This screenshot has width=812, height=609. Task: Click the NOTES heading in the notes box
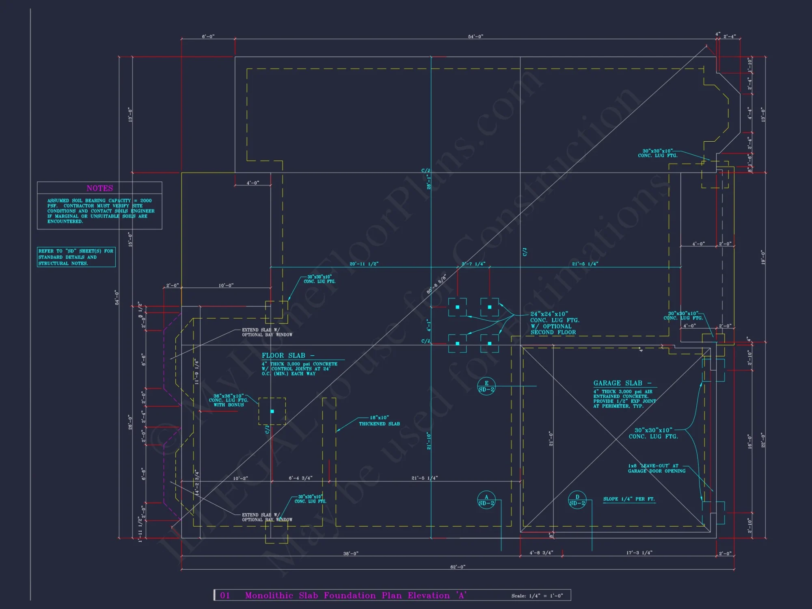99,188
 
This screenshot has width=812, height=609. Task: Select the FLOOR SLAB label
283,356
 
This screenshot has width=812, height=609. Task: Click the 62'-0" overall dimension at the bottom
458,567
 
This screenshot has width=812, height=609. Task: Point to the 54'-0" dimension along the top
475,37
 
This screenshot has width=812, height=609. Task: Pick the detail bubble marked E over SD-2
486,386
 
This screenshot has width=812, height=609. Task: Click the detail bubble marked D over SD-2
577,500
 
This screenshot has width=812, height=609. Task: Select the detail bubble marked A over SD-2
486,500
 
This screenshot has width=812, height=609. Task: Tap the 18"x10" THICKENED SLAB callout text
379,421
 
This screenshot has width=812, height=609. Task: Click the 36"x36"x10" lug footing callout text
229,400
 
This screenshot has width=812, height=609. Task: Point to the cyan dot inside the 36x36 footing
272,411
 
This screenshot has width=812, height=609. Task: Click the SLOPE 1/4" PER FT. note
629,499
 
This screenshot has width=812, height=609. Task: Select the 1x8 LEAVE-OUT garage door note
657,469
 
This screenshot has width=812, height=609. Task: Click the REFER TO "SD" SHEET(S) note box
76,257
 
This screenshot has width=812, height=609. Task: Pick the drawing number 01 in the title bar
225,595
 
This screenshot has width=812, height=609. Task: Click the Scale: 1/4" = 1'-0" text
537,596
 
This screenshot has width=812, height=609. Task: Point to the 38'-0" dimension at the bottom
351,553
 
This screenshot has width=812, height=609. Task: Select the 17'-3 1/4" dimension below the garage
639,553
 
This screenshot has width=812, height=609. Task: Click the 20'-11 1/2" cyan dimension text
364,264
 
